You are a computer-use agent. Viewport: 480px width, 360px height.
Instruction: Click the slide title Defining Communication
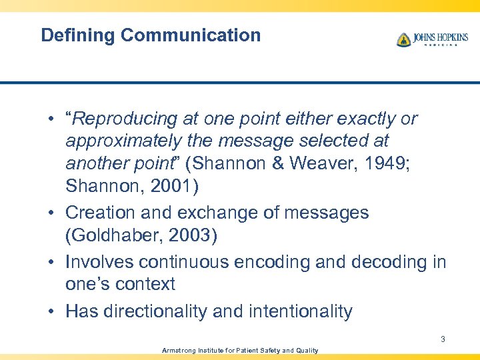coord(151,35)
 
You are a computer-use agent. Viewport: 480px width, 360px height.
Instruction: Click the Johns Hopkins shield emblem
coord(403,40)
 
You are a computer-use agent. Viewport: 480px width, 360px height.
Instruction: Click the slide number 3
coord(443,339)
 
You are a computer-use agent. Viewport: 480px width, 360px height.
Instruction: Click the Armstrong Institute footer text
coord(240,351)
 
